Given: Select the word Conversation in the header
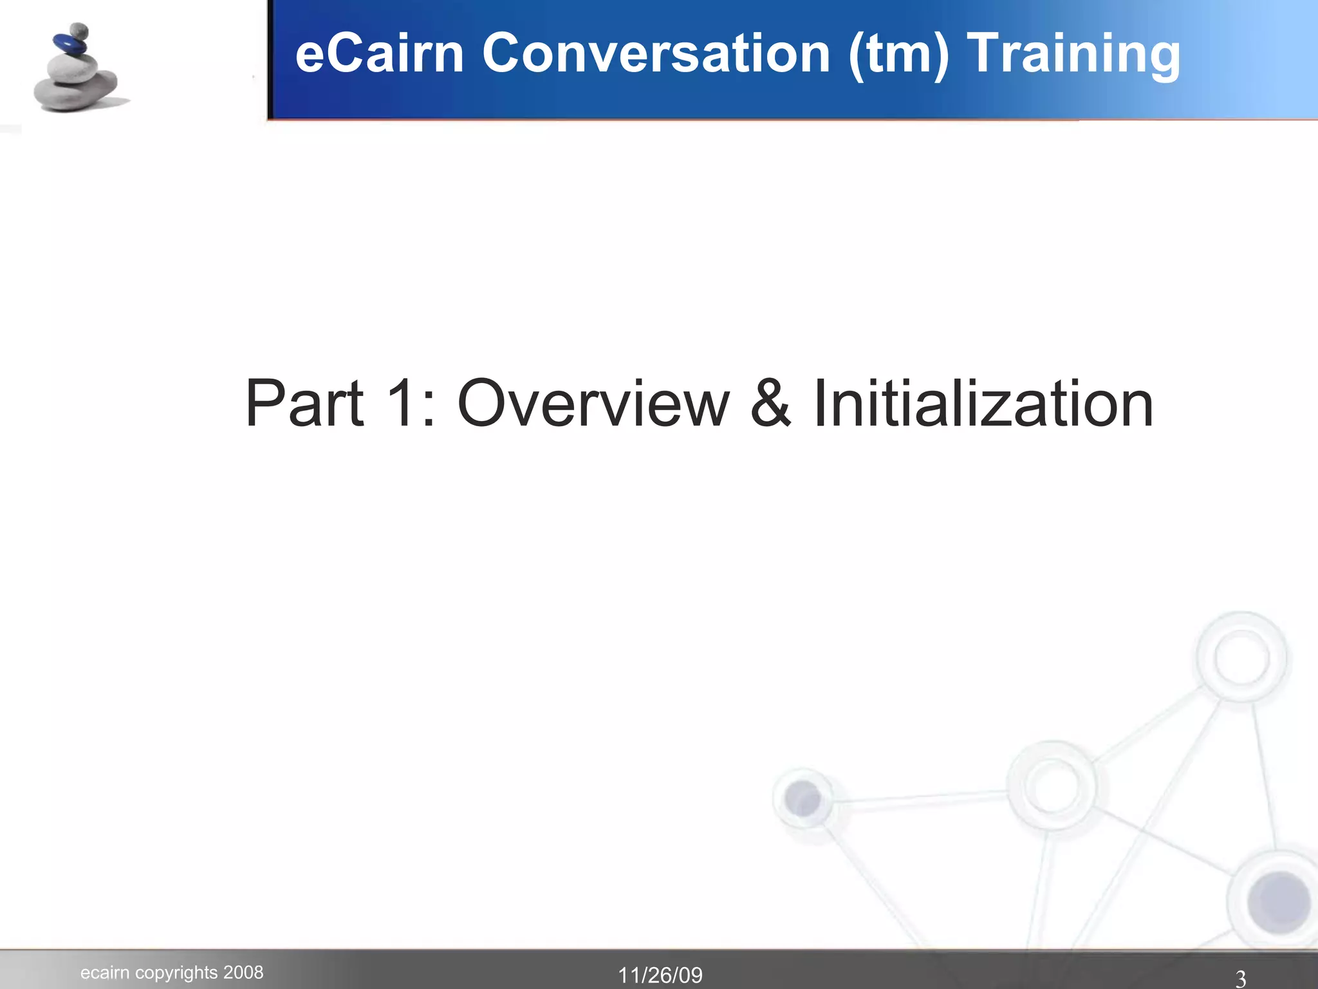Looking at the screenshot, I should pos(656,53).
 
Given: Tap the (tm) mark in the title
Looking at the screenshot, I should pos(898,55).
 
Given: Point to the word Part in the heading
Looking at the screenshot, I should pos(304,404).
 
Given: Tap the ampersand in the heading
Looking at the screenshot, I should pos(770,404).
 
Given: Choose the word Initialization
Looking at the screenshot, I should pos(983,404).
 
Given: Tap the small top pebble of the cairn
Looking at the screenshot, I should pos(79,30).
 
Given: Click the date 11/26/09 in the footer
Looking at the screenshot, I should pos(660,975).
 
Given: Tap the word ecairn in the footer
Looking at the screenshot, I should pos(105,973).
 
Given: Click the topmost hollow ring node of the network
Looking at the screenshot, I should pos(1241,657).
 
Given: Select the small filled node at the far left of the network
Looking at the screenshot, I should pos(803,799).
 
